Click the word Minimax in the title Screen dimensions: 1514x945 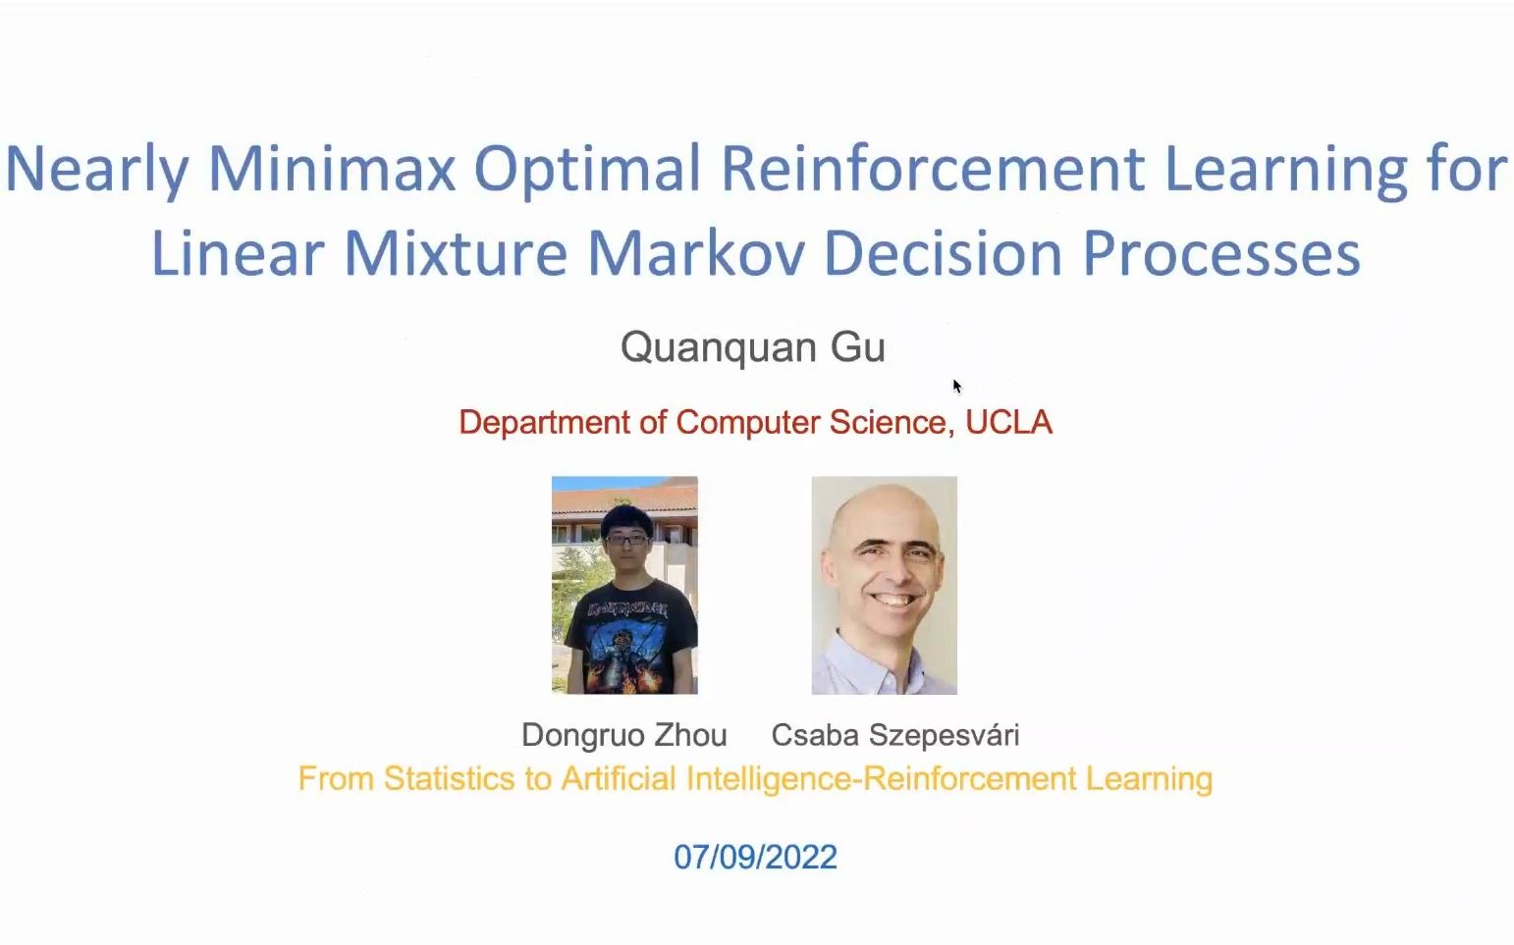[331, 168]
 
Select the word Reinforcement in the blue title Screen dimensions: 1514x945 [934, 168]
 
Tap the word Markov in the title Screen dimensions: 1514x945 [696, 253]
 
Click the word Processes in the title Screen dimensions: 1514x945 [1221, 253]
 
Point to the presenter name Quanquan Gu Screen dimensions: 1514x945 [753, 347]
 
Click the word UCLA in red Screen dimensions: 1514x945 [1008, 423]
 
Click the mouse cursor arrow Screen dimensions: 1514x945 [957, 386]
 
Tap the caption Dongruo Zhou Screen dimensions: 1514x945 [623, 735]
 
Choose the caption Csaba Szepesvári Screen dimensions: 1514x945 [894, 735]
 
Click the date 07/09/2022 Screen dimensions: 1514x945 [756, 857]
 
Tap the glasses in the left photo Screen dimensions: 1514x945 [627, 540]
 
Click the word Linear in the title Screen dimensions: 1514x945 [238, 253]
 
